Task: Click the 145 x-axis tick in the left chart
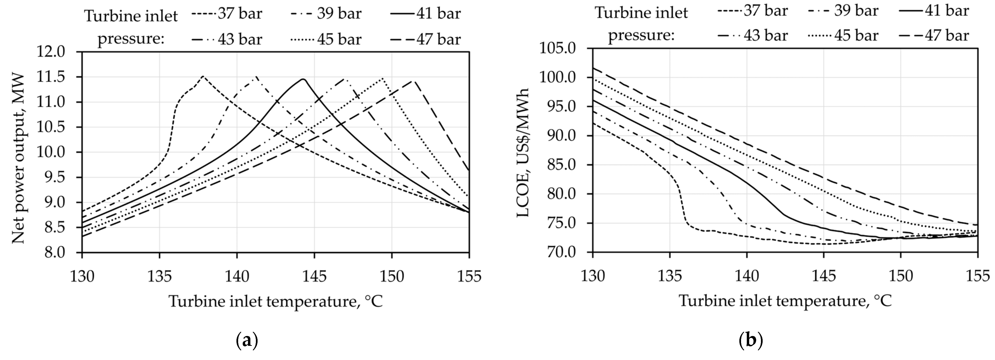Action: click(314, 276)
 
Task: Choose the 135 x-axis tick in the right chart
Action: click(670, 276)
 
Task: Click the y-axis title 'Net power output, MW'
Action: click(18, 159)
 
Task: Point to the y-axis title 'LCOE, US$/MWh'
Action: click(523, 153)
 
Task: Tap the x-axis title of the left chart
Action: click(275, 301)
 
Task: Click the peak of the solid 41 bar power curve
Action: click(303, 79)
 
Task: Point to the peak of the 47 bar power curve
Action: click(413, 81)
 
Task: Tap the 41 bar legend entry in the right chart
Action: click(935, 11)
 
